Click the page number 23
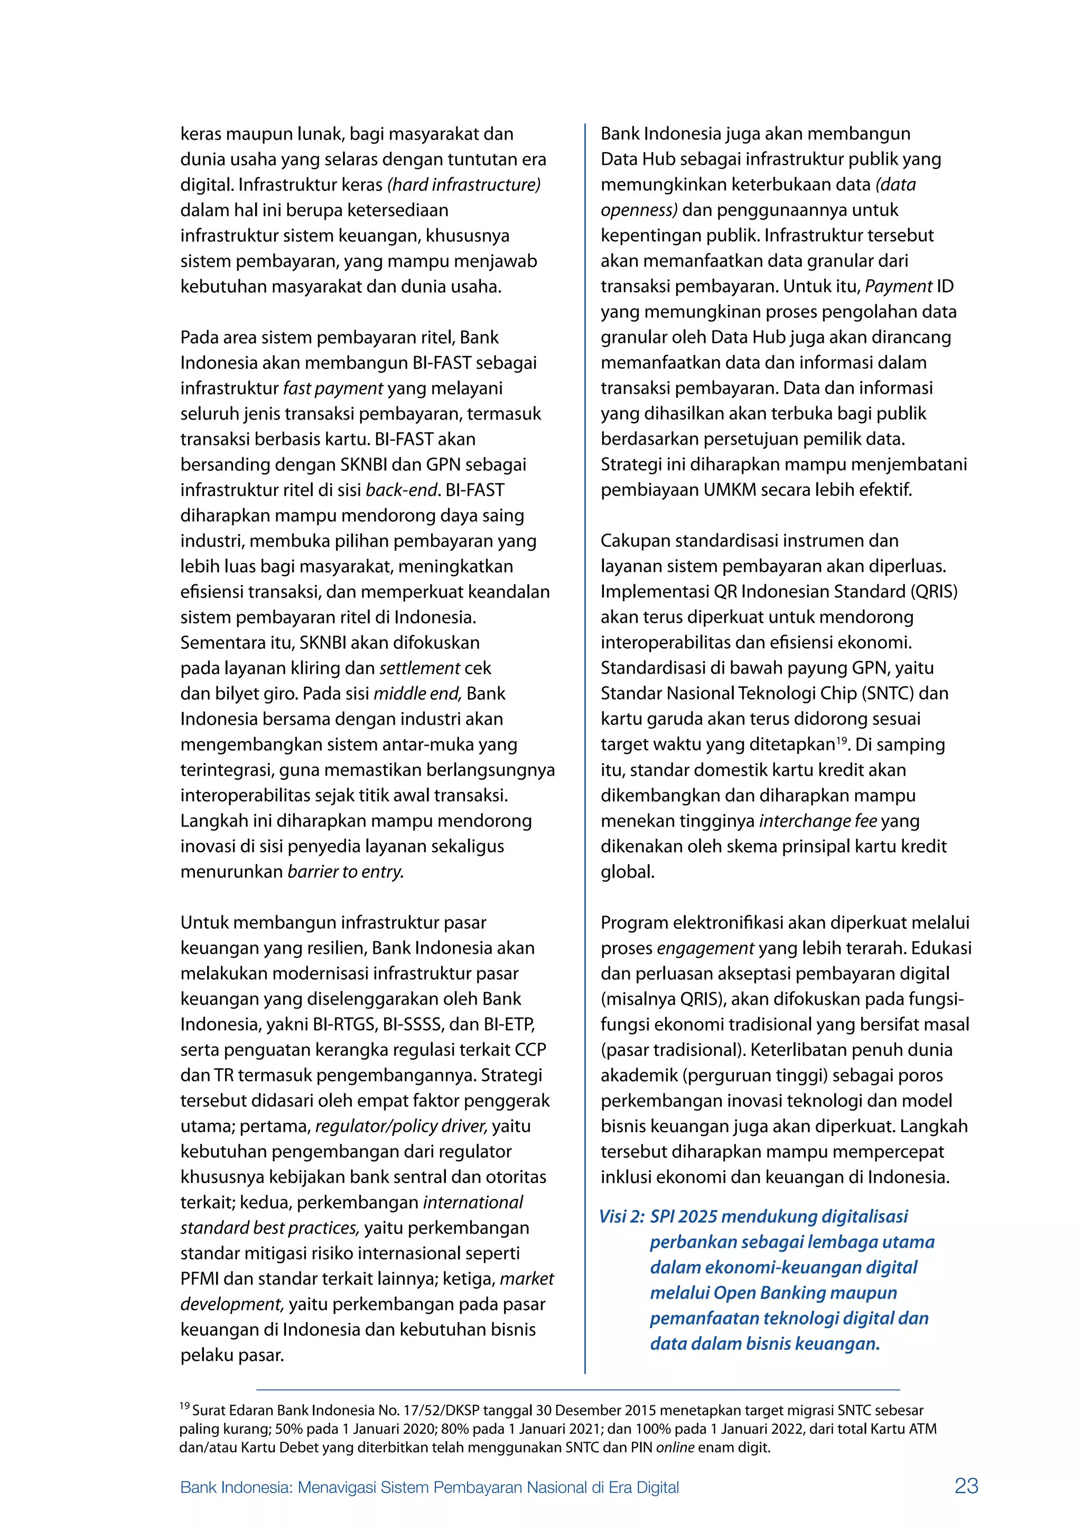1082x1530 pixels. pyautogui.click(x=966, y=1485)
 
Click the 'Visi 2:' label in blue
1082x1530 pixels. pyautogui.click(x=622, y=1217)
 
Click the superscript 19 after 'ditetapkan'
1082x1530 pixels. pyautogui.click(x=842, y=739)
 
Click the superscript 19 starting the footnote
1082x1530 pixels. pyautogui.click(x=184, y=1406)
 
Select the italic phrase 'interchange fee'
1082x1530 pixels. pyautogui.click(x=817, y=821)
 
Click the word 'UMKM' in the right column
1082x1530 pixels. pyautogui.click(x=730, y=490)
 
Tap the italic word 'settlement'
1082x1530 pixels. pyautogui.click(x=419, y=668)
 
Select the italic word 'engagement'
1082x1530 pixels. pyautogui.click(x=705, y=948)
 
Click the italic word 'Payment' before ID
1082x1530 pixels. pyautogui.click(x=898, y=286)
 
